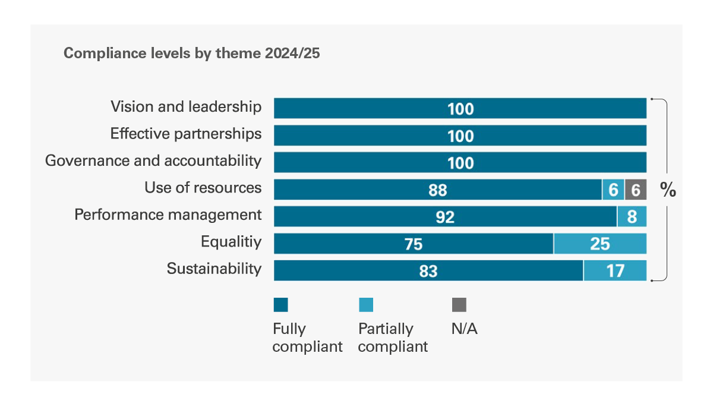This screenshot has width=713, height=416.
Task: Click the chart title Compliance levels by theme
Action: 191,53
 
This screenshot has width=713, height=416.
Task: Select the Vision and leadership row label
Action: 186,107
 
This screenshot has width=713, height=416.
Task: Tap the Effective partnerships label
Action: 186,134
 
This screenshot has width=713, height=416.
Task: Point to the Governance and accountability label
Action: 153,160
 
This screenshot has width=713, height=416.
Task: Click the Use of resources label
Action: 203,188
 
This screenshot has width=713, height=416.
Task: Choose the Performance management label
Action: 168,215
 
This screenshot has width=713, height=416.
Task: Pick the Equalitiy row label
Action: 231,241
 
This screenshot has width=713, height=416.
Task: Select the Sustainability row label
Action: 214,269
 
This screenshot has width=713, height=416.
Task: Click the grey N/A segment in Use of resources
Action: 635,190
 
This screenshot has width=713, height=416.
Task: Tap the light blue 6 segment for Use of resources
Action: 613,190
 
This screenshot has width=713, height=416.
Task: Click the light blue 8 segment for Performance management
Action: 632,217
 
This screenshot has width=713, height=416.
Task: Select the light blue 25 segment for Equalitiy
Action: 600,244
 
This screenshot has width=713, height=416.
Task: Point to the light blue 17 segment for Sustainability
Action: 615,271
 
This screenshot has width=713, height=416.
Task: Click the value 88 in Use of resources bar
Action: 437,190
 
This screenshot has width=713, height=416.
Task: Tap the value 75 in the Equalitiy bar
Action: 414,244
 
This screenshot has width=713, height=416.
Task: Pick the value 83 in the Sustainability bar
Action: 428,272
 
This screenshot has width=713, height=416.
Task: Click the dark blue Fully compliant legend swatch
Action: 280,305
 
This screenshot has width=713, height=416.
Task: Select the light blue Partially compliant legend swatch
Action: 366,305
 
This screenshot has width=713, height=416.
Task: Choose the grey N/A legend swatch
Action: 459,305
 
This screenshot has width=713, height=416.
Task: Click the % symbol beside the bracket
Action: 668,190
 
